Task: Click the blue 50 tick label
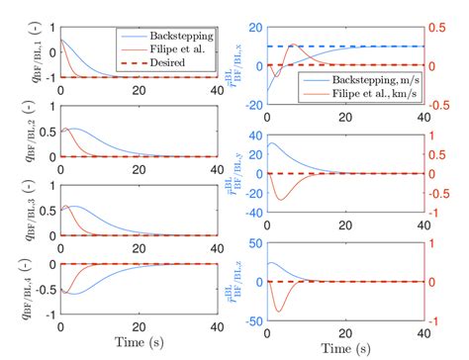click(x=254, y=240)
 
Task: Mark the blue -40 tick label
click(x=250, y=211)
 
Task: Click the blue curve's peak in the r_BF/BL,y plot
click(x=270, y=143)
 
